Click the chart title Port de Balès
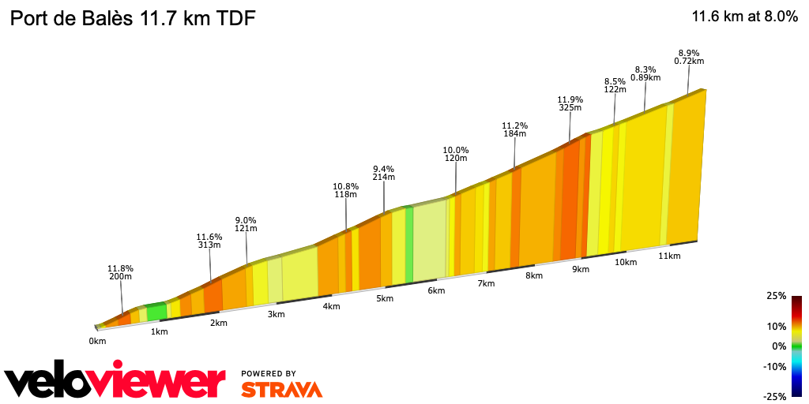[132, 18]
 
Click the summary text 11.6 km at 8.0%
[744, 17]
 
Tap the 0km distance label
[97, 342]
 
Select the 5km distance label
[385, 299]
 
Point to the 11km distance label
[669, 256]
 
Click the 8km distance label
[534, 275]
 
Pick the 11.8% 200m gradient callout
[121, 273]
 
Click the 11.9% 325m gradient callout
[570, 104]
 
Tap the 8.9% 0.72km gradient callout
[689, 56]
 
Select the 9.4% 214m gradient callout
[383, 174]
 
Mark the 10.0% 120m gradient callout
[456, 154]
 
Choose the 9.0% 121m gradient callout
[246, 224]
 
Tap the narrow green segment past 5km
[409, 244]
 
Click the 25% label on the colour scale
[777, 296]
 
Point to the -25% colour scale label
[775, 396]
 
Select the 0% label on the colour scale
[779, 346]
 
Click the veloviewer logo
[115, 382]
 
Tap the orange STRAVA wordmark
[281, 390]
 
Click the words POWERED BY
[269, 373]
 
